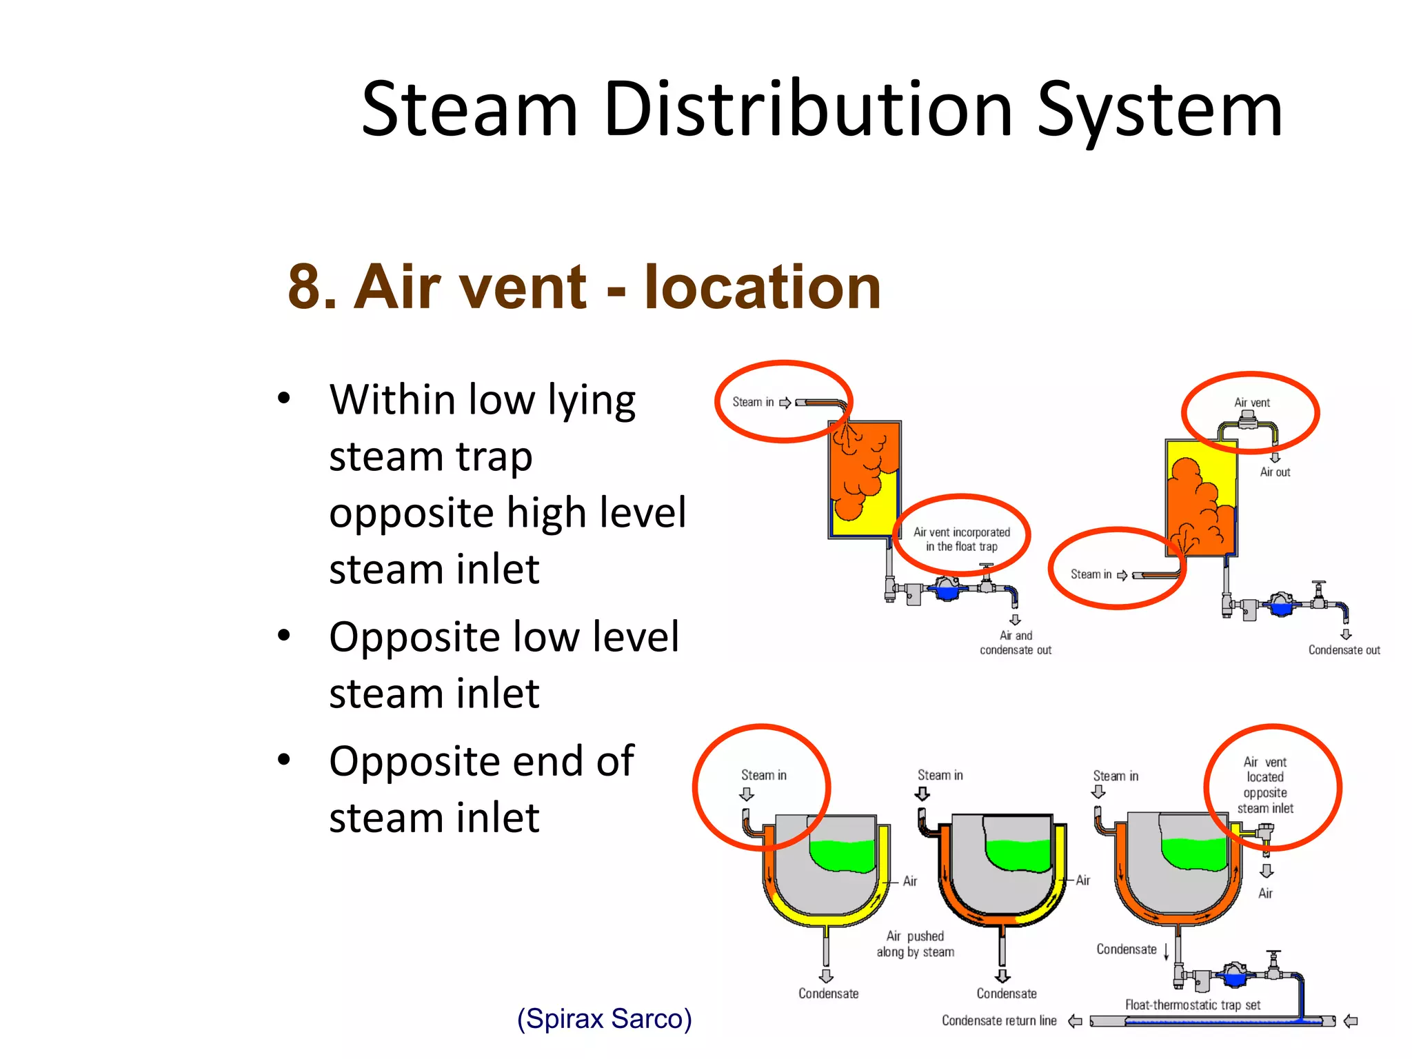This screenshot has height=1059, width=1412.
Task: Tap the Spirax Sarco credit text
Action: tap(604, 1018)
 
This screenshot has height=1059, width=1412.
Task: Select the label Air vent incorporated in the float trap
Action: tap(961, 539)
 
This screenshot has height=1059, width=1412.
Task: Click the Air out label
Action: tap(1275, 472)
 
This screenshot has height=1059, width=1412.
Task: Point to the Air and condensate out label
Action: tap(1016, 643)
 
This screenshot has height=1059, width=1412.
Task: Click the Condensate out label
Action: tap(1344, 650)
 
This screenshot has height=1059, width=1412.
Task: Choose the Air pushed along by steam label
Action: tap(916, 944)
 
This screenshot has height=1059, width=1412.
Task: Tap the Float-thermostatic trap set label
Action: tap(1193, 1005)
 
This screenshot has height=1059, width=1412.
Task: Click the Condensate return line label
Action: tap(999, 1020)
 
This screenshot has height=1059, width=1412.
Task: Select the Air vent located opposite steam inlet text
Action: tap(1265, 785)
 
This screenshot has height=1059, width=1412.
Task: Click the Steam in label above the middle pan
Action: tap(940, 775)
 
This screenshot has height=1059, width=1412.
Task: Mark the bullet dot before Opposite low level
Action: tap(283, 636)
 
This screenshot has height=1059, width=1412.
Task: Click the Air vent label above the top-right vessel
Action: tap(1251, 403)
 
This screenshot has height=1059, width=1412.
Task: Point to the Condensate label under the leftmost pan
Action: tap(828, 994)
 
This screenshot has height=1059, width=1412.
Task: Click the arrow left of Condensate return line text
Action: tap(1075, 1021)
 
